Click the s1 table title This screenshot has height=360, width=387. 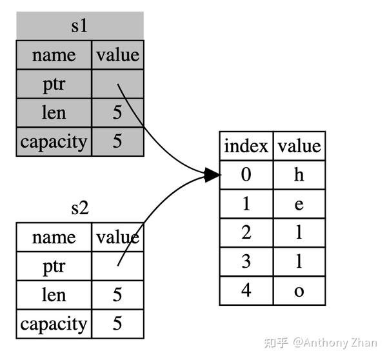pyautogui.click(x=79, y=26)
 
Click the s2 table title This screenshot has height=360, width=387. pyautogui.click(x=79, y=208)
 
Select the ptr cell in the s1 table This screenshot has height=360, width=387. pyautogui.click(x=54, y=84)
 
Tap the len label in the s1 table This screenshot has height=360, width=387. pyautogui.click(x=54, y=112)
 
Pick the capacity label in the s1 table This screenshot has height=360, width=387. pyautogui.click(x=54, y=141)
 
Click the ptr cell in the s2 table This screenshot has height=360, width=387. pyautogui.click(x=54, y=266)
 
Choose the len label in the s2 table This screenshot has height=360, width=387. pyautogui.click(x=54, y=295)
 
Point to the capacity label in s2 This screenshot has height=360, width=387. pyautogui.click(x=54, y=323)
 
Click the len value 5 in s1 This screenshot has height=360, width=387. pyautogui.click(x=117, y=112)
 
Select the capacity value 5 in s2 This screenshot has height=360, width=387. pyautogui.click(x=117, y=323)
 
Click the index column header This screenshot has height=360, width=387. pyautogui.click(x=246, y=146)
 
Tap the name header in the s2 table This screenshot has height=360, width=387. pyautogui.click(x=54, y=237)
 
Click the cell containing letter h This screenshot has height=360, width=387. pyautogui.click(x=299, y=175)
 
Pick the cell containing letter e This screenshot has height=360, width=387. pyautogui.click(x=299, y=204)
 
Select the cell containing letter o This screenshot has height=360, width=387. pyautogui.click(x=299, y=290)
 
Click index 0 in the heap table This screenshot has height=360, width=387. pyautogui.click(x=246, y=175)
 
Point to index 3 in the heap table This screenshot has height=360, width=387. pyautogui.click(x=246, y=261)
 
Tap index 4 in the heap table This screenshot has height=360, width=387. pyautogui.click(x=246, y=290)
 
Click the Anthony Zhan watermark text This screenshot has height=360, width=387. pyautogui.click(x=345, y=343)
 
